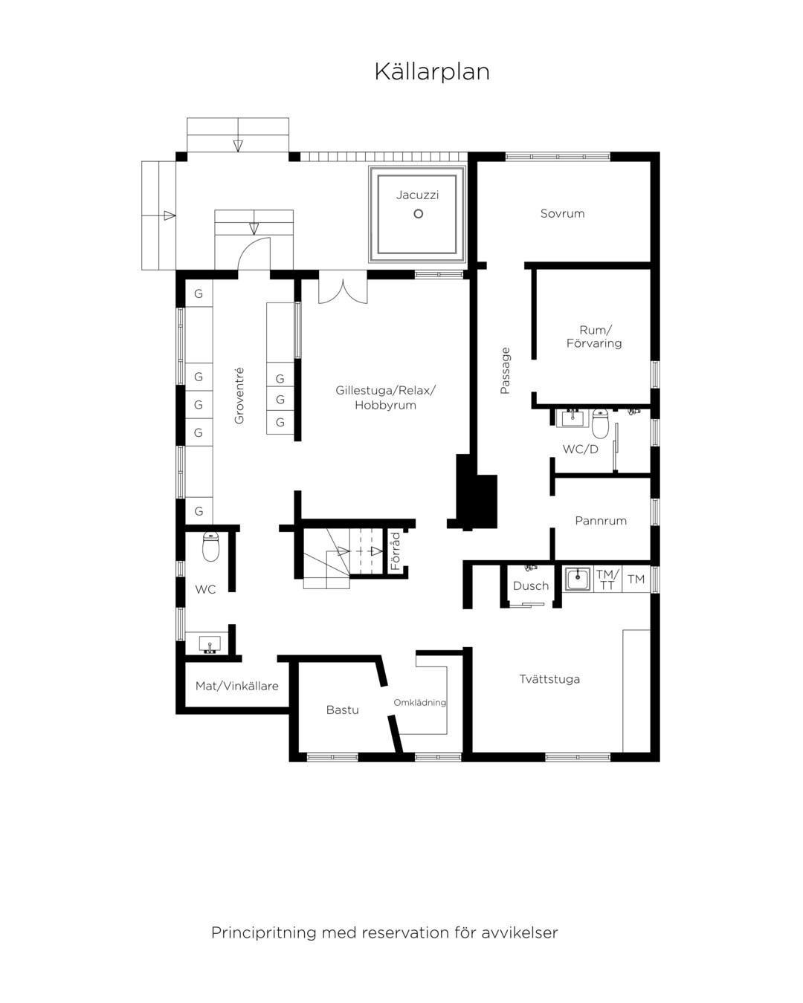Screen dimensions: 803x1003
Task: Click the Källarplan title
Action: point(431,72)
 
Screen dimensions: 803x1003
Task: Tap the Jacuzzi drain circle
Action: point(418,213)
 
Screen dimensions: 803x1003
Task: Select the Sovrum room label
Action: point(562,213)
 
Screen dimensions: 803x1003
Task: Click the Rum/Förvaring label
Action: point(594,337)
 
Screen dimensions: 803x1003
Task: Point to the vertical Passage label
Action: point(505,371)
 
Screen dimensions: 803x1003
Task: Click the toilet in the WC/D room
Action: point(600,423)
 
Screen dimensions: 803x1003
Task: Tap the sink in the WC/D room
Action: point(573,418)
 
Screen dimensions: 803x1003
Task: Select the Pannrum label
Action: point(601,521)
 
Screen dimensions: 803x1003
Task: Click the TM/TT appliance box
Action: point(607,580)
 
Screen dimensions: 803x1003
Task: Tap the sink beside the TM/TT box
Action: point(578,579)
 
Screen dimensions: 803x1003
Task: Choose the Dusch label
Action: point(531,586)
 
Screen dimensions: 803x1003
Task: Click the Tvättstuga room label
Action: point(549,679)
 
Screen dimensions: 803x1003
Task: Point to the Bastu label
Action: point(343,710)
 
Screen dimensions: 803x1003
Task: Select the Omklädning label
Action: point(419,703)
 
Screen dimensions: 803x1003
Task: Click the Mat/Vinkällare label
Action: point(236,686)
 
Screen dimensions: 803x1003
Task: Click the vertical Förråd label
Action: point(396,551)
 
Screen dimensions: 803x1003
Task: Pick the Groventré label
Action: point(239,396)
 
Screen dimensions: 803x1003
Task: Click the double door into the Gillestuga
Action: point(343,292)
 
